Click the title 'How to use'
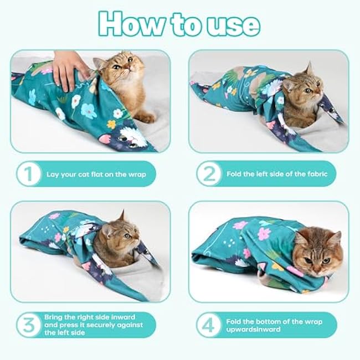click(x=179, y=23)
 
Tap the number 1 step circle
click(x=27, y=174)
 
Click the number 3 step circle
click(x=27, y=325)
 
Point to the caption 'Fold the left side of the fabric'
click(x=277, y=174)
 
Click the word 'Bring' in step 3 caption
click(x=54, y=317)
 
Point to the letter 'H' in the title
click(x=112, y=23)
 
